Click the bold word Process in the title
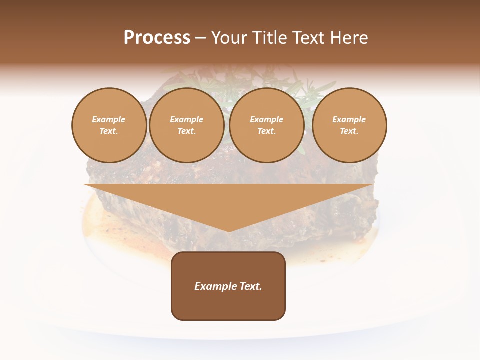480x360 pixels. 157,37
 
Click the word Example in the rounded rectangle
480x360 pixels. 215,286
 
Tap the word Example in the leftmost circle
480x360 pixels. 109,119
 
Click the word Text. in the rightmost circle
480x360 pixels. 349,131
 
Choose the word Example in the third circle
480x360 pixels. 266,119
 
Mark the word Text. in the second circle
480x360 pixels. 186,131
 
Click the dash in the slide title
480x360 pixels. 201,38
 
